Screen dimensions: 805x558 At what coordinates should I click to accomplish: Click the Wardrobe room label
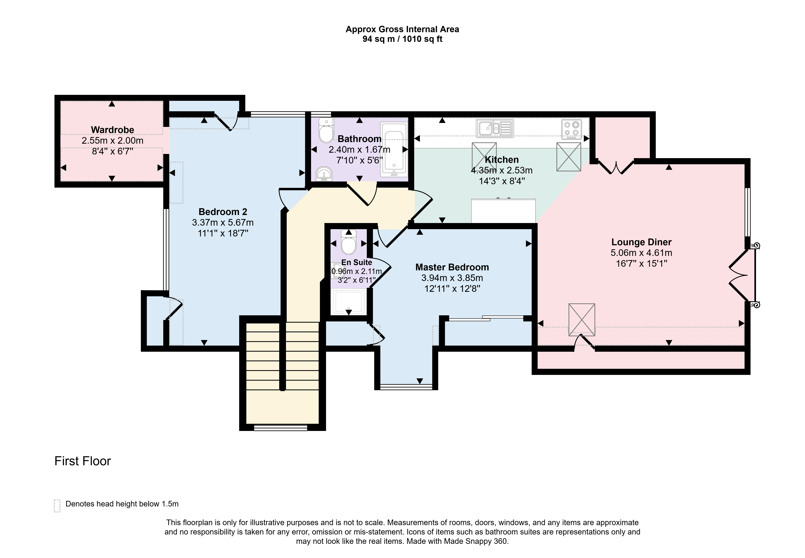point(112,130)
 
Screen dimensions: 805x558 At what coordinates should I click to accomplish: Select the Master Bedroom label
point(452,267)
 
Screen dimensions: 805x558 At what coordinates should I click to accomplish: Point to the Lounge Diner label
point(641,242)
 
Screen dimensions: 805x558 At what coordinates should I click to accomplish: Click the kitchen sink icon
point(495,128)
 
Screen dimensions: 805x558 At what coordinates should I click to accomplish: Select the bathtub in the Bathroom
point(394,149)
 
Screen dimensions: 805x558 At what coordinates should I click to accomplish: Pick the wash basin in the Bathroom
point(324,174)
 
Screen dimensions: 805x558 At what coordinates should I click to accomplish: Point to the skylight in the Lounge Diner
point(582,320)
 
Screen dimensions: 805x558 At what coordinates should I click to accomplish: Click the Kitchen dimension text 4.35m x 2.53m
point(502,170)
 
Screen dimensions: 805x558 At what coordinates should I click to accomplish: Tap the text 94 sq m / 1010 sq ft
point(402,39)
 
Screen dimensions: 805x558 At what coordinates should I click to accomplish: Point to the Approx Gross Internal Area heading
point(402,29)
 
